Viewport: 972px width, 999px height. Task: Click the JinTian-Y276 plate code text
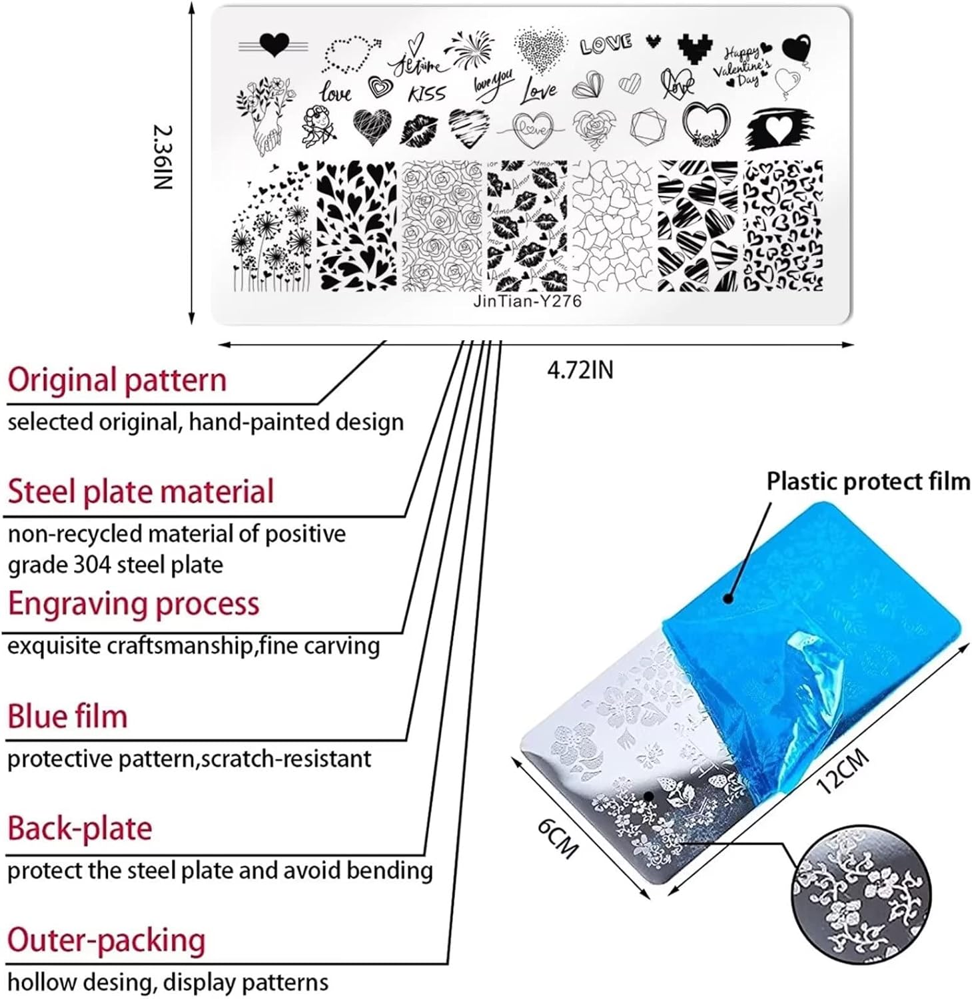pos(527,301)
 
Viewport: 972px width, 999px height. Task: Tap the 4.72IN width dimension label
pos(580,370)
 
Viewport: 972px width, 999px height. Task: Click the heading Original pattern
pos(117,380)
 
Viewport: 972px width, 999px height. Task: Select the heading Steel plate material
pos(141,492)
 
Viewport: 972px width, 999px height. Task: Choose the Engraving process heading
pos(133,604)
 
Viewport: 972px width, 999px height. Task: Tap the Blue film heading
pos(67,717)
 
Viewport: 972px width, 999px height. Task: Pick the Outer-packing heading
pos(107,941)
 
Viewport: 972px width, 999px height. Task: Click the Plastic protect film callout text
pos(867,481)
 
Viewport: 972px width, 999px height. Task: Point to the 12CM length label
pos(842,771)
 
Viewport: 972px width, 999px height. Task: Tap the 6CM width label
pos(558,837)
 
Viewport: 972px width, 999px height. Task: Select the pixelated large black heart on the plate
pos(695,49)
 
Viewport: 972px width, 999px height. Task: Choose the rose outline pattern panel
pos(442,226)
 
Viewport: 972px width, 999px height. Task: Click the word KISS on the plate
pos(426,94)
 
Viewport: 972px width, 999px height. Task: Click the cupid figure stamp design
pos(317,125)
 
